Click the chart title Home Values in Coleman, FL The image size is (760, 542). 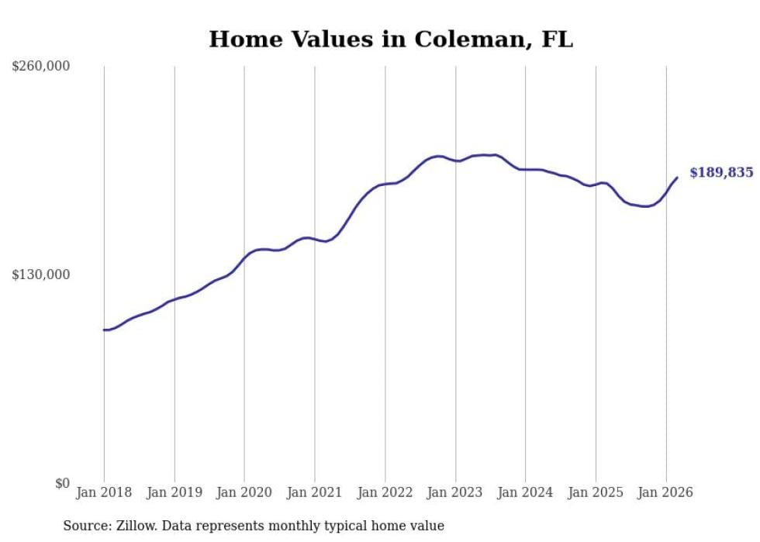(x=391, y=40)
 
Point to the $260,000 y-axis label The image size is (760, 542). (x=41, y=67)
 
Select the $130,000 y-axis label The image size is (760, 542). (x=41, y=275)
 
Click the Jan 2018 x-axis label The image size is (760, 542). (x=104, y=492)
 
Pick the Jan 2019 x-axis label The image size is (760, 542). (x=174, y=492)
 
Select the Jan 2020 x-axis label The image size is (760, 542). (x=244, y=492)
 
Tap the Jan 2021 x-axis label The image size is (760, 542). (x=315, y=492)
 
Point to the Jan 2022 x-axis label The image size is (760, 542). (x=385, y=492)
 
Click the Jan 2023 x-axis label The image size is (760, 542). (x=455, y=492)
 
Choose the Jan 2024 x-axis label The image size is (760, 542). (x=526, y=492)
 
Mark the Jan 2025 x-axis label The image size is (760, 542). (x=596, y=492)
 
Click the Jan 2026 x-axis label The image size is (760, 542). (x=666, y=492)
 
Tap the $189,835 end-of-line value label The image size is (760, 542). (x=721, y=173)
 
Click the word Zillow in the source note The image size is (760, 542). (x=134, y=526)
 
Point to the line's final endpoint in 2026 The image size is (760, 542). (x=677, y=178)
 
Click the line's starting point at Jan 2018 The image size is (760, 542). (x=104, y=330)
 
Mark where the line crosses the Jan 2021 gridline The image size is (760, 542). (x=315, y=240)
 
